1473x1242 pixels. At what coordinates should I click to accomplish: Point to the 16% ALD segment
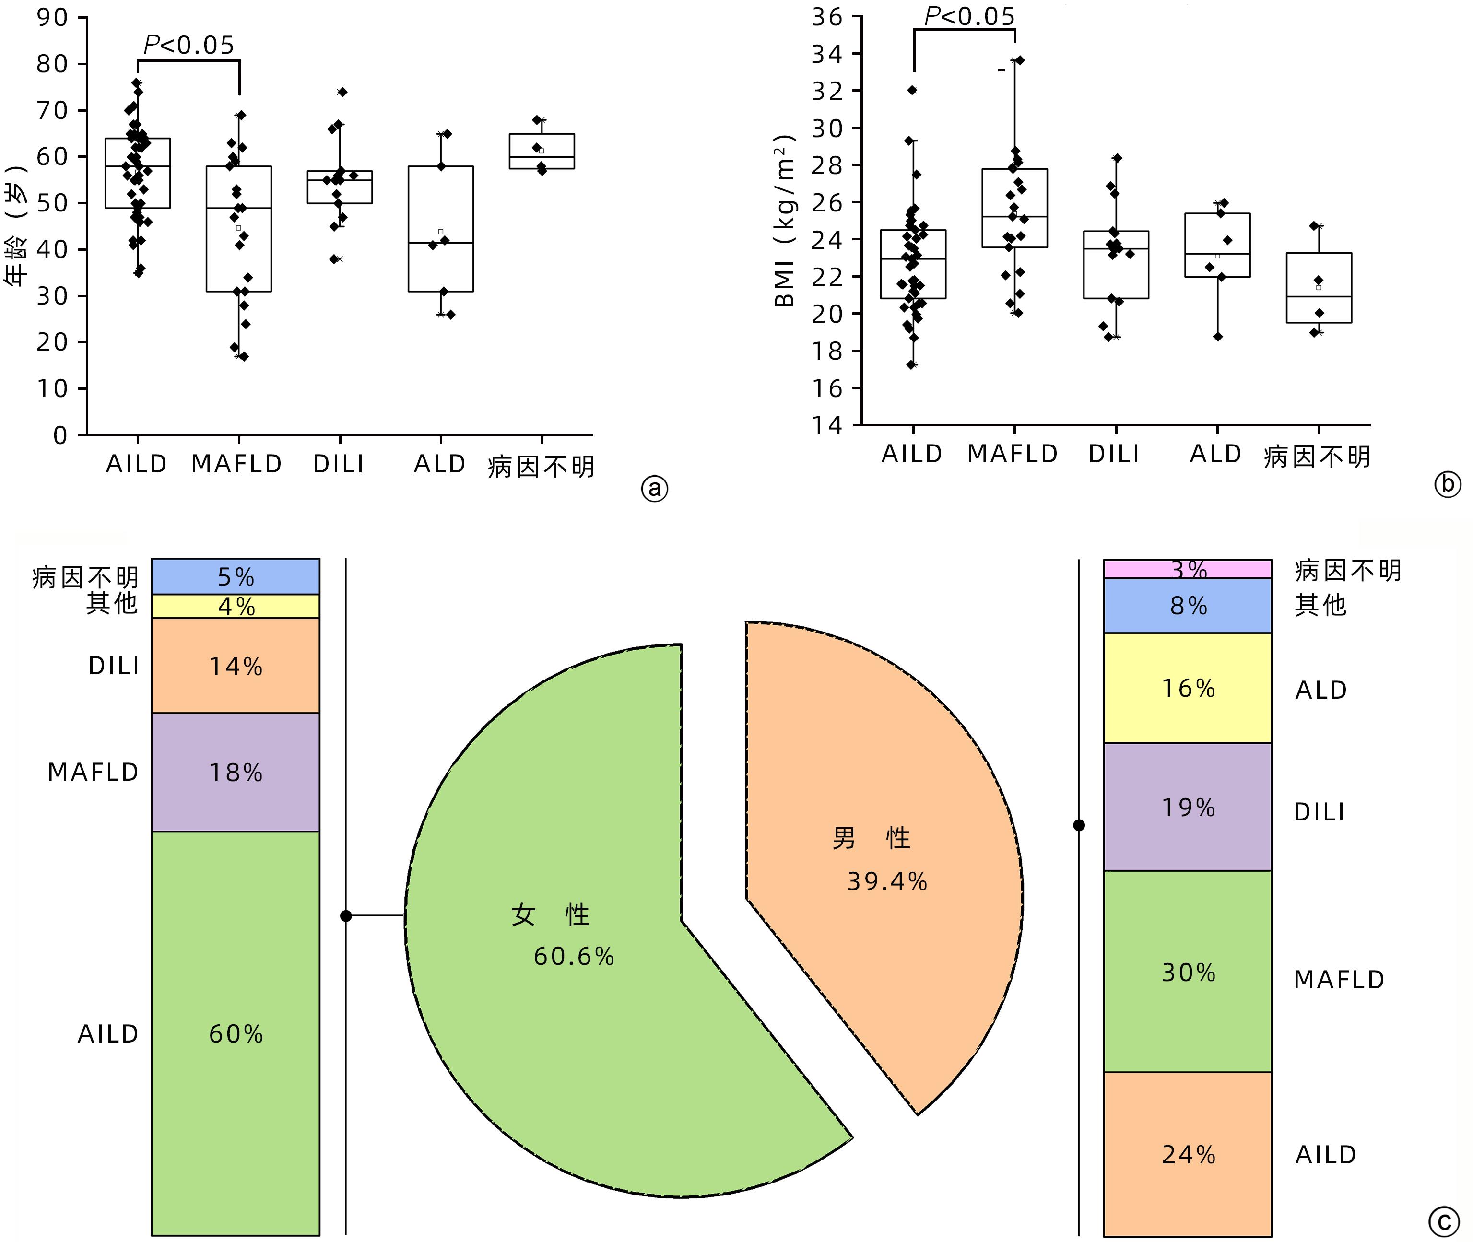tap(1187, 687)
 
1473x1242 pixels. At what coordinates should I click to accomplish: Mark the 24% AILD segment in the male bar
tap(1187, 1155)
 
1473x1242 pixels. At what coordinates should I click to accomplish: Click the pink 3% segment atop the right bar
tap(1187, 569)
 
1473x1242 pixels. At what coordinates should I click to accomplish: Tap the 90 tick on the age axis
tap(52, 18)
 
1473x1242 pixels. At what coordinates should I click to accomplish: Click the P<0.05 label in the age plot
tap(189, 45)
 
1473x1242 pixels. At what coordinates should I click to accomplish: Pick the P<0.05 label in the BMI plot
tap(969, 15)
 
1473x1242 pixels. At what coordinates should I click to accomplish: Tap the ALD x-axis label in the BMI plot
tap(1216, 454)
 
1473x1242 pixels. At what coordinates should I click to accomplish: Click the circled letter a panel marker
tap(655, 488)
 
